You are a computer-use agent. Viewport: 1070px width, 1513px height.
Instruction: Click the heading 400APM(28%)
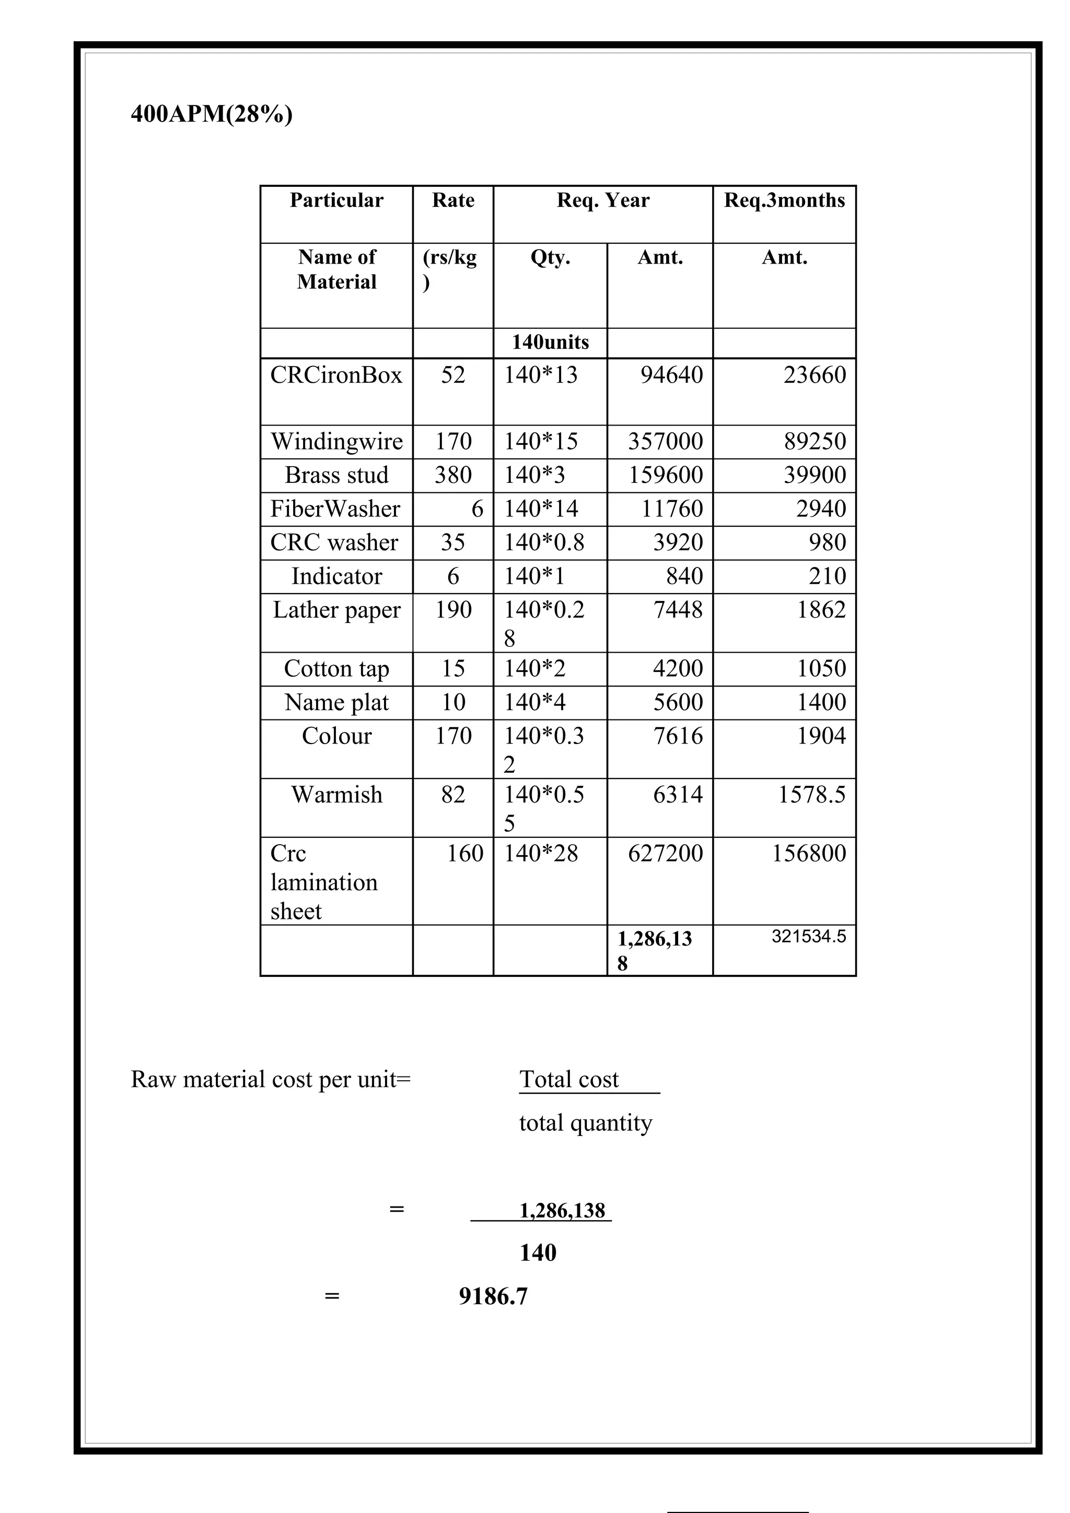(212, 114)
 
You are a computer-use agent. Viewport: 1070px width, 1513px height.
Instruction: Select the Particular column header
(336, 200)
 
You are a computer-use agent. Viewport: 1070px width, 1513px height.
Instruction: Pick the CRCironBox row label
(336, 375)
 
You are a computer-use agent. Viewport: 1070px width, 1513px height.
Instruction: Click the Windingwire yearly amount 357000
(665, 442)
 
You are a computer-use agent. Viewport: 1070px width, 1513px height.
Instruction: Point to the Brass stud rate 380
(453, 475)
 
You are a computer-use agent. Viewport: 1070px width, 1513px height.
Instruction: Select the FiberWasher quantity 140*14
(541, 509)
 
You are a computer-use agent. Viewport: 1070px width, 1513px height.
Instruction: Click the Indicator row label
(336, 576)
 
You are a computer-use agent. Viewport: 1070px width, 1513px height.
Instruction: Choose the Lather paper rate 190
(453, 610)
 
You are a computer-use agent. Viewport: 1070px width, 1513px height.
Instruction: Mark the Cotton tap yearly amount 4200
(678, 669)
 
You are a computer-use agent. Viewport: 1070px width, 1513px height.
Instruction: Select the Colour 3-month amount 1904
(821, 736)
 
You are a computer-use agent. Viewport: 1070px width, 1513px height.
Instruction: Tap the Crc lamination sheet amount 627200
(665, 854)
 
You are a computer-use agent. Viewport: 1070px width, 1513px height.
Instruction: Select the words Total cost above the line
(569, 1079)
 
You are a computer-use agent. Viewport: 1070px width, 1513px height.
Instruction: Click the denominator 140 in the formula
(538, 1252)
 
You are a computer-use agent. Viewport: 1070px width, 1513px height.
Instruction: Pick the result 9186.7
(493, 1297)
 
